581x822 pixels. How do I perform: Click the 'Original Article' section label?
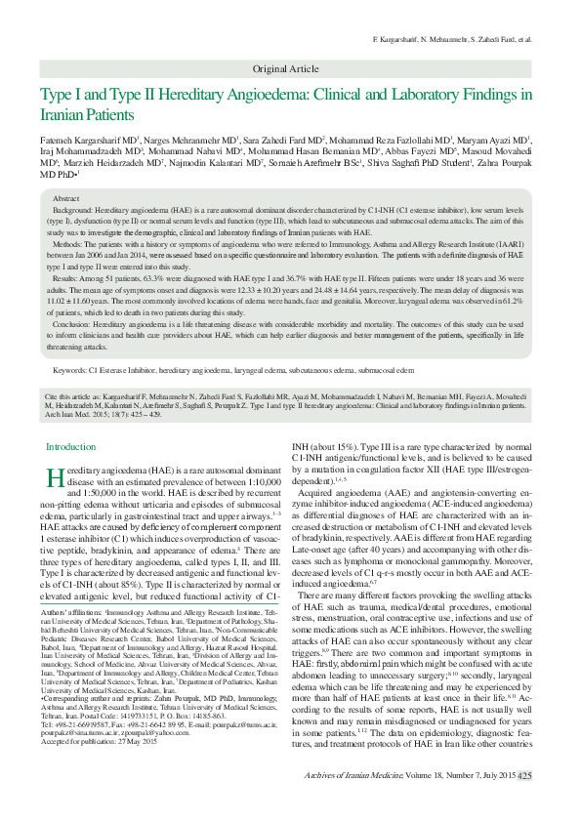285,68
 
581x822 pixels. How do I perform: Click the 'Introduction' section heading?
80,446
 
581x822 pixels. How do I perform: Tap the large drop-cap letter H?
57,477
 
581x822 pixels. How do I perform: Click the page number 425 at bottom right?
525,802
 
